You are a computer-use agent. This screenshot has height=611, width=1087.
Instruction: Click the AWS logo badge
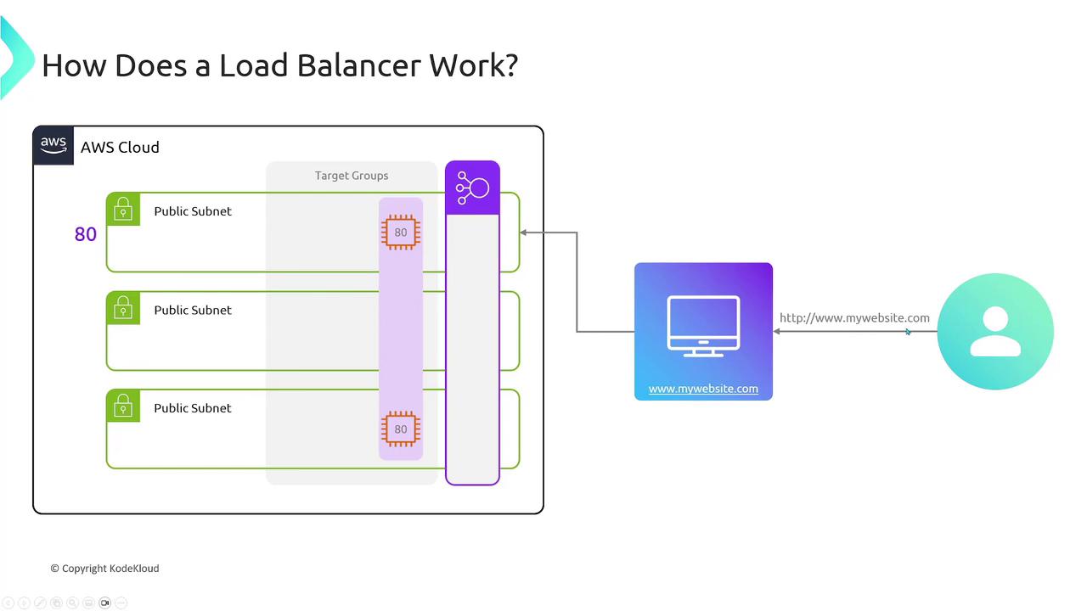coord(54,145)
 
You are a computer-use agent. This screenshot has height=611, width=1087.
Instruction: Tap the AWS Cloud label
coord(120,148)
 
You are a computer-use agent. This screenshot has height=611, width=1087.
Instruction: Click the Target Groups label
coord(352,176)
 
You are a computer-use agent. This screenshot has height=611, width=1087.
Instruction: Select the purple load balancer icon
coord(473,188)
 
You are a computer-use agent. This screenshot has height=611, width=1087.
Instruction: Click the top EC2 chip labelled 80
coord(401,233)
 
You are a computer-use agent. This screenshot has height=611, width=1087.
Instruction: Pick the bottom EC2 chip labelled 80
coord(401,429)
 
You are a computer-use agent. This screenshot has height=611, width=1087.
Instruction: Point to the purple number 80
coord(86,235)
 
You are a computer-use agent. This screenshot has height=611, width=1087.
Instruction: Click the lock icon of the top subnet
coord(123,210)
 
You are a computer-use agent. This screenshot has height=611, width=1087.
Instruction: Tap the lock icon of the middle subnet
coord(123,308)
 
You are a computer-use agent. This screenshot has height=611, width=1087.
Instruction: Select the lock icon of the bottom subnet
coord(123,406)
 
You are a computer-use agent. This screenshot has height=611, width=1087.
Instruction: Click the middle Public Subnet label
coord(193,311)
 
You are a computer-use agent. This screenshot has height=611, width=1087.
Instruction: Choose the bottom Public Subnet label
coord(193,408)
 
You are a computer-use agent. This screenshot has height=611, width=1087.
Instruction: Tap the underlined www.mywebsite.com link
coord(703,389)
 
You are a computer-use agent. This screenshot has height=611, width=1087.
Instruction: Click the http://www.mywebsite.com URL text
coord(854,318)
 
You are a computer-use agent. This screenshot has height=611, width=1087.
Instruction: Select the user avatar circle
coord(995,332)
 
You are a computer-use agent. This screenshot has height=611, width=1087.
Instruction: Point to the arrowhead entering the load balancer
coord(524,233)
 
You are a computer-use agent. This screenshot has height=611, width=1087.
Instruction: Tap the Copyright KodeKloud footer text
coord(104,569)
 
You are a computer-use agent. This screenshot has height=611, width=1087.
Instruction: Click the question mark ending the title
coord(510,65)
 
